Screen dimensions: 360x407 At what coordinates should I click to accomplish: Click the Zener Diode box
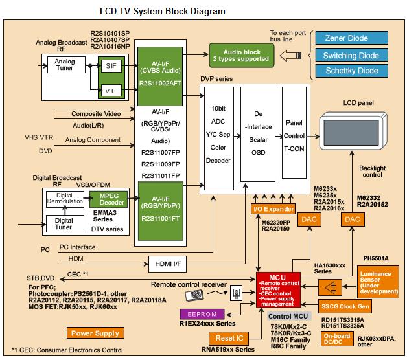click(351, 39)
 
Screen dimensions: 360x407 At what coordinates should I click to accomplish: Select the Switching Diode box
click(351, 55)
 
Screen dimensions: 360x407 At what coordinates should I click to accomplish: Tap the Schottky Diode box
click(351, 71)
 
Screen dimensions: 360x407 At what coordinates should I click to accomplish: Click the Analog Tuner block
click(65, 66)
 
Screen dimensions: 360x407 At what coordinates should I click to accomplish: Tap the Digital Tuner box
click(64, 223)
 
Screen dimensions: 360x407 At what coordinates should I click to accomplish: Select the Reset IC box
click(231, 339)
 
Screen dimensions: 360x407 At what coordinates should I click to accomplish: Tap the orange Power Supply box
click(94, 333)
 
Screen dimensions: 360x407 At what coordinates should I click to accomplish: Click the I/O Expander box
click(273, 208)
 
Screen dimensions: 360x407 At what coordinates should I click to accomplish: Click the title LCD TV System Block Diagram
click(163, 11)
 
